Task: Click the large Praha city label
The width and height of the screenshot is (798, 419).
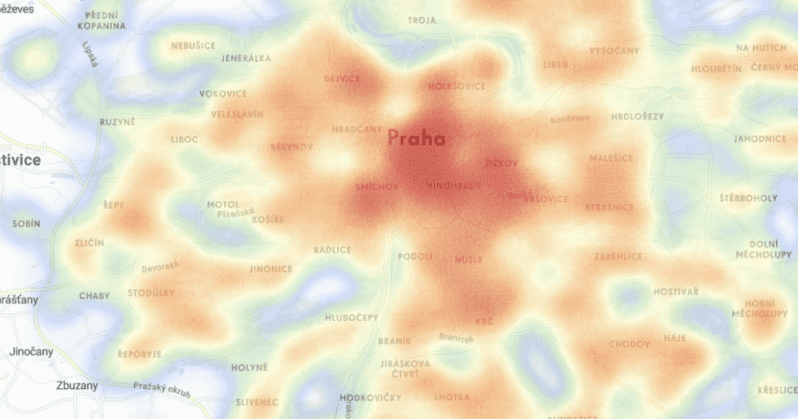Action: point(416,139)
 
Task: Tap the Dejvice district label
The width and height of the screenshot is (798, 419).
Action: point(341,78)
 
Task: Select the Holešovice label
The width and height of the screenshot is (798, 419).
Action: point(457,86)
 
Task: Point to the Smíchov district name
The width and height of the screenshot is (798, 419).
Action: point(377,187)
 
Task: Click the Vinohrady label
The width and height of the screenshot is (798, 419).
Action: point(455,186)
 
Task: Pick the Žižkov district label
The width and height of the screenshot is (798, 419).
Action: point(501,162)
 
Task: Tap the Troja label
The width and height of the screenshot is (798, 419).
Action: point(422,21)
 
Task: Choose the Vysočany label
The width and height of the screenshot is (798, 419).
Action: point(614,51)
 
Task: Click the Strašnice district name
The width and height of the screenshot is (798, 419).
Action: point(609,208)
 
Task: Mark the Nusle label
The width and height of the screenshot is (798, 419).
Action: point(469,259)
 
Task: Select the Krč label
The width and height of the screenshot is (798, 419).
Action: point(485,322)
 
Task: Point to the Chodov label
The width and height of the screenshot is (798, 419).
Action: point(629,345)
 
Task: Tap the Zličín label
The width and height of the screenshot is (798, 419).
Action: point(89,243)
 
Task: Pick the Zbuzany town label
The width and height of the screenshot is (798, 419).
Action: point(76,385)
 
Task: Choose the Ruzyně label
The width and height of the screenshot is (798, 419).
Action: point(117,122)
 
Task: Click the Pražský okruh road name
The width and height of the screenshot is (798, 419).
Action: point(162,390)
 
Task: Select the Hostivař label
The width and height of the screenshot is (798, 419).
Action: point(676,292)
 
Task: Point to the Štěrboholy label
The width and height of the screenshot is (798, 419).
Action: point(748,198)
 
